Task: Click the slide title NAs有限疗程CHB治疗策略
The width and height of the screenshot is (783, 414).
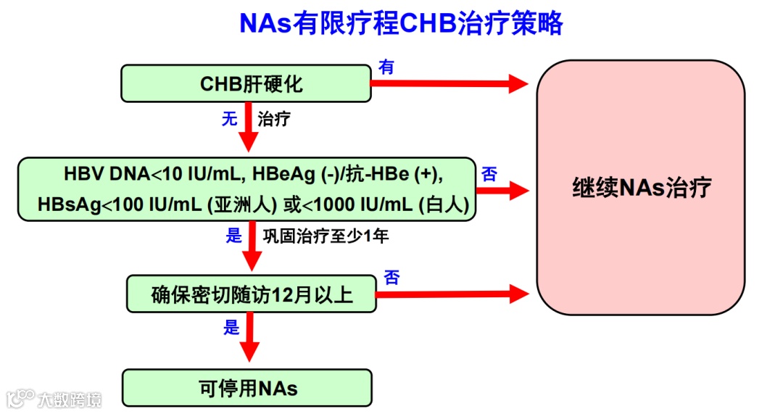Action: click(x=401, y=24)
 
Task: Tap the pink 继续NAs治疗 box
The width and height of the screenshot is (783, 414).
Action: click(x=640, y=188)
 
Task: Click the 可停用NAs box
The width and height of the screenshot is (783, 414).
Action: click(x=247, y=388)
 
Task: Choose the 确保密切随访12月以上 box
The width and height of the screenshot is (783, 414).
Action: click(x=252, y=294)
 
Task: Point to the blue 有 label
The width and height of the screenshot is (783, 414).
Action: click(x=387, y=67)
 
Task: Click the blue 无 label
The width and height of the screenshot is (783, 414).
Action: click(x=230, y=119)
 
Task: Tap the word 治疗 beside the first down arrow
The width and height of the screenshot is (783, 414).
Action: click(x=274, y=119)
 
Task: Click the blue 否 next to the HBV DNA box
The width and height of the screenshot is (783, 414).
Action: click(x=489, y=174)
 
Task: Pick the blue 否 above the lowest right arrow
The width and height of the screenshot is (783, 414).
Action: click(x=391, y=277)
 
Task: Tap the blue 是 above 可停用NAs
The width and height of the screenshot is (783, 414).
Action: click(x=231, y=328)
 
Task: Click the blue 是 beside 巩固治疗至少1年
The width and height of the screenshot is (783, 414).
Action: click(x=233, y=235)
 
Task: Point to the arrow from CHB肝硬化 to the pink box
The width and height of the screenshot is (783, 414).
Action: click(x=449, y=83)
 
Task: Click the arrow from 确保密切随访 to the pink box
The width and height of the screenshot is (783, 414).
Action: click(x=452, y=294)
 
